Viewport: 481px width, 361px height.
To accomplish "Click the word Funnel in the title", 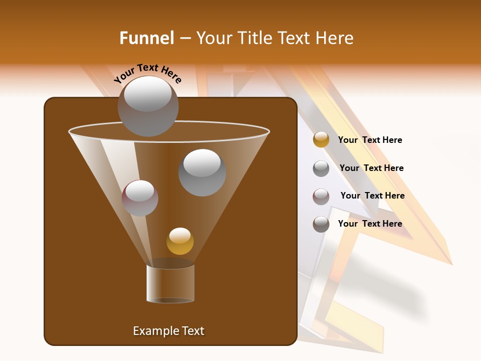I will tap(146, 38).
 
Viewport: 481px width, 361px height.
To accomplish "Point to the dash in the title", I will tap(184, 38).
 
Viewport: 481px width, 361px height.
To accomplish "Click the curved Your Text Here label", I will tap(148, 73).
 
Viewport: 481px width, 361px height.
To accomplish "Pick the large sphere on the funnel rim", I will tap(148, 106).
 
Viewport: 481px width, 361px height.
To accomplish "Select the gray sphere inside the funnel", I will tap(202, 172).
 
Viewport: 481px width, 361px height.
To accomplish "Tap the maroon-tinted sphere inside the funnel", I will tap(140, 198).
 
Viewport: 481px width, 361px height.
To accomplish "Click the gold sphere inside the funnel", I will tap(180, 241).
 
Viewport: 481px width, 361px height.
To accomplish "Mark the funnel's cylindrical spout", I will tap(170, 283).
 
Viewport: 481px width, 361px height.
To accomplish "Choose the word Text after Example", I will tap(192, 331).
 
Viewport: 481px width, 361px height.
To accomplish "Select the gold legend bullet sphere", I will tap(321, 139).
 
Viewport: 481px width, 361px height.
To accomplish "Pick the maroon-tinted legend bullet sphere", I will tap(321, 197).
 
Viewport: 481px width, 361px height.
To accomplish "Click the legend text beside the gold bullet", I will tap(370, 140).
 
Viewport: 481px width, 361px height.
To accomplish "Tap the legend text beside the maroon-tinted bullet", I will tap(372, 196).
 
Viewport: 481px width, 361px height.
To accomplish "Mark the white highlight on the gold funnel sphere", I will tap(180, 235).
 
